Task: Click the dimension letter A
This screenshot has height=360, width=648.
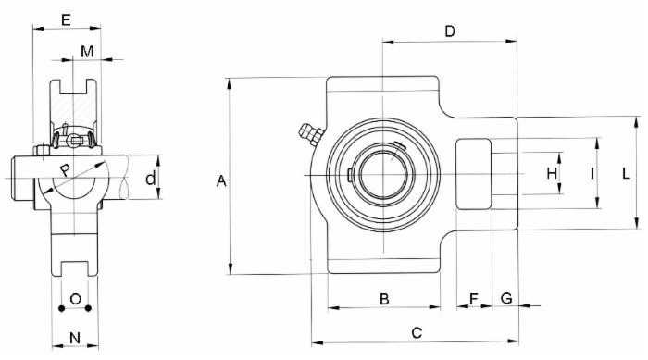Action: (221, 181)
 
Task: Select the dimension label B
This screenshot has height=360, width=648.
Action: (382, 298)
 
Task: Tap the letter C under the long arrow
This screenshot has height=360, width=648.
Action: (416, 331)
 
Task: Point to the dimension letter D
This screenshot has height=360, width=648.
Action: (449, 31)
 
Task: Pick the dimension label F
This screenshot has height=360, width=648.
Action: (474, 298)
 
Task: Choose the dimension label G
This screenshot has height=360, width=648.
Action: (506, 298)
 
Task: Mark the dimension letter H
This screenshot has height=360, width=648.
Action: (552, 173)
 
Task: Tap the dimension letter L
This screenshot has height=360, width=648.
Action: (627, 173)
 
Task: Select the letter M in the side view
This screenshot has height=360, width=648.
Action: (86, 51)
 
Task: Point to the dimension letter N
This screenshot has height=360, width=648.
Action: (75, 339)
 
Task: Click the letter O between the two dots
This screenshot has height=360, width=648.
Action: (76, 300)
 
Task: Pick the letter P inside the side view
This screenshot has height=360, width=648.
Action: (64, 170)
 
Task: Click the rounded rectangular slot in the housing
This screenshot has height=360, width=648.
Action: (475, 173)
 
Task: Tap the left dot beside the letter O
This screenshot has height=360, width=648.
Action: (61, 307)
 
